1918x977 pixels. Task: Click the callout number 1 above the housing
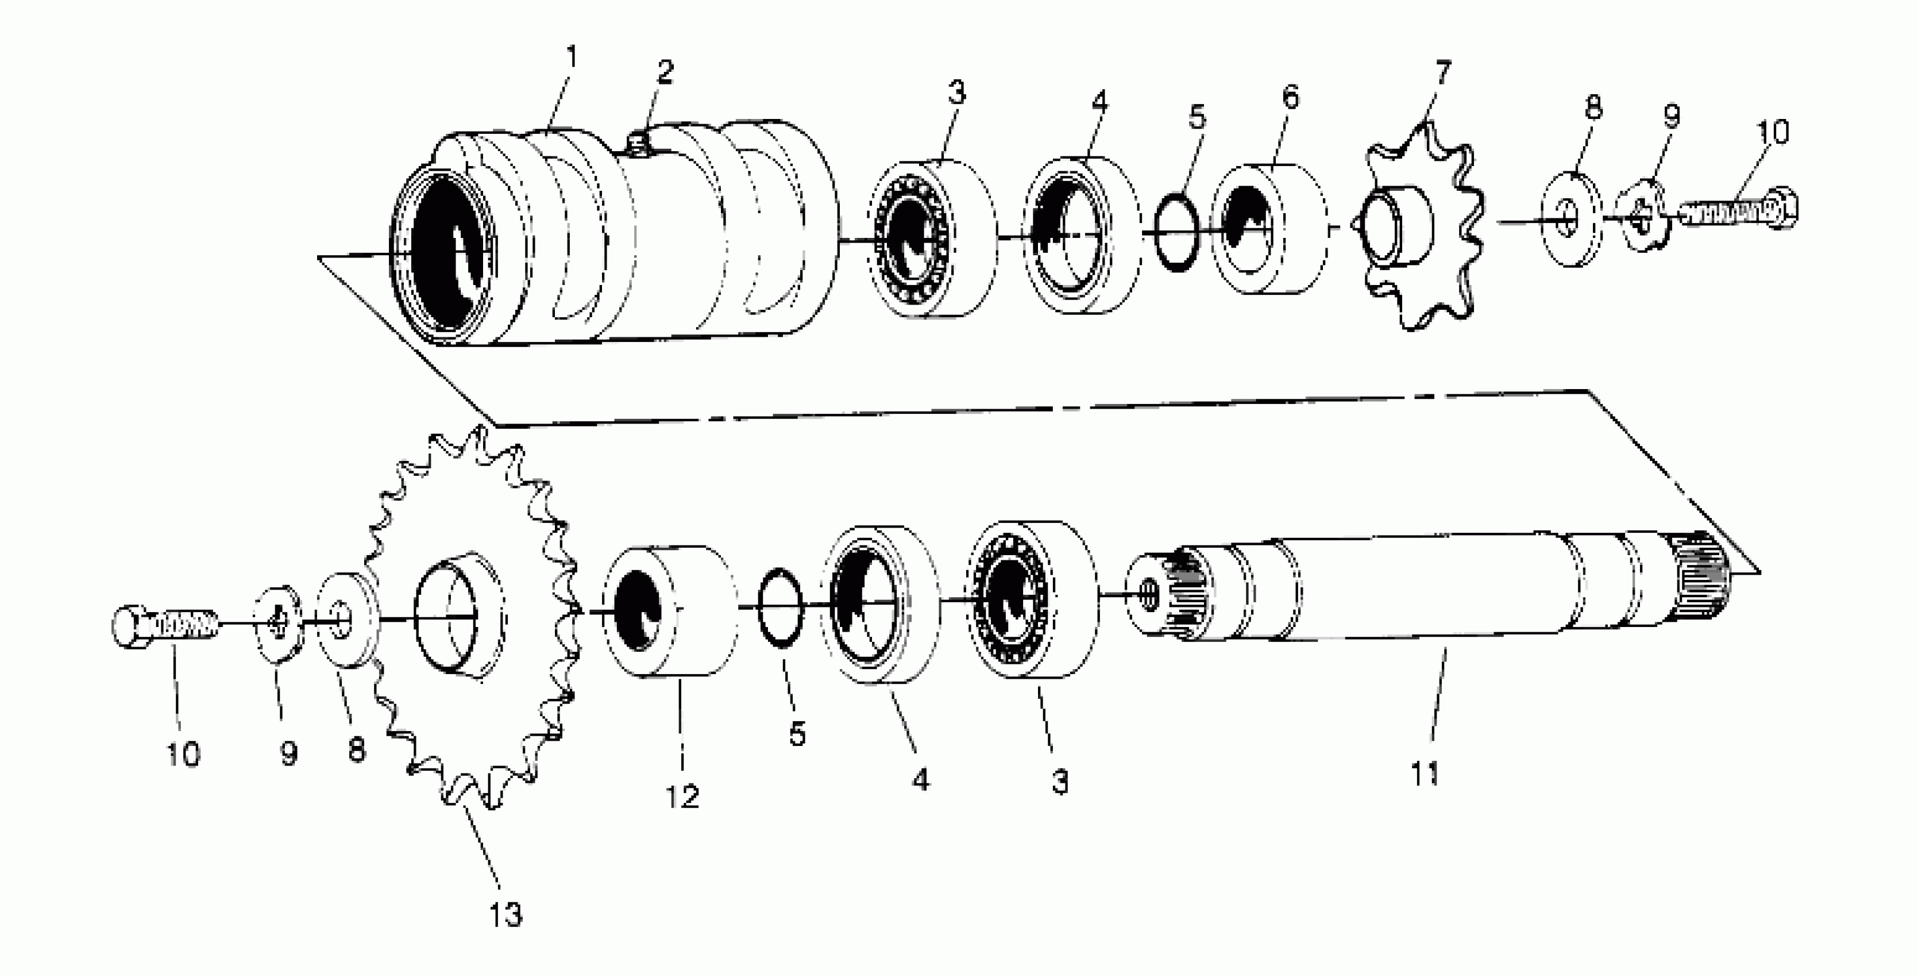point(572,56)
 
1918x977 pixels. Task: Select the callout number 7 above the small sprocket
point(1442,74)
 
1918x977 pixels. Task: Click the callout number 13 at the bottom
point(505,914)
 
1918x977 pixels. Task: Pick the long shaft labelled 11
point(1452,588)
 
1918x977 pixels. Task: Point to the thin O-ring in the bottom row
point(780,607)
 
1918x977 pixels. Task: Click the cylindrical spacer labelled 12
point(670,610)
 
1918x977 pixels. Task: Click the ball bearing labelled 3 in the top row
point(931,239)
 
